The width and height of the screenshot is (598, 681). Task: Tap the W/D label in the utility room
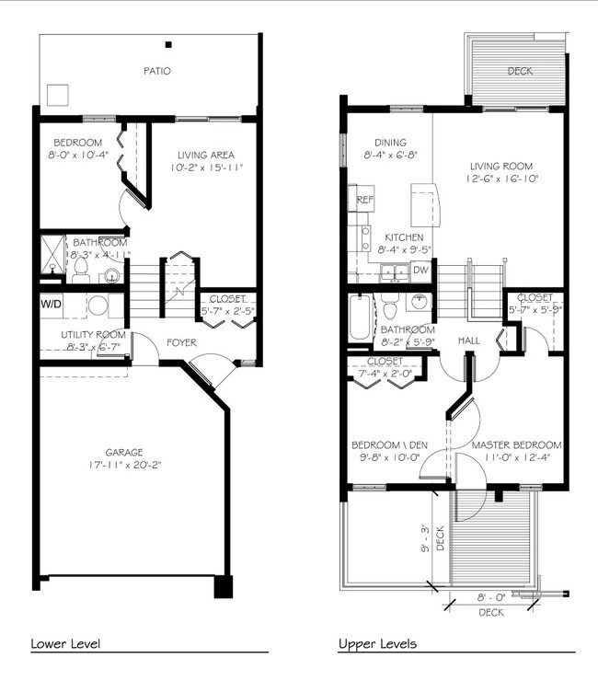[50, 303]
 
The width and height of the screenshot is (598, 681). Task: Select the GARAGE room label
[123, 453]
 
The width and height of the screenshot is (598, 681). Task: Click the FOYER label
[181, 343]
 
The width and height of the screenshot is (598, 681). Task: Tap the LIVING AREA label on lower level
[205, 155]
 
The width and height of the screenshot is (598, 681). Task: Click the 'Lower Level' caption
[65, 643]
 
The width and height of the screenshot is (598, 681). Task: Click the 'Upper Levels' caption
[377, 643]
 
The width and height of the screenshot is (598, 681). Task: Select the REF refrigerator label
[365, 200]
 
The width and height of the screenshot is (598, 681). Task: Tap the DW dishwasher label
[420, 270]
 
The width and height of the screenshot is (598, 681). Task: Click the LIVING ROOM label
[500, 167]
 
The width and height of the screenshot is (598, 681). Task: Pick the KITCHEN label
[403, 237]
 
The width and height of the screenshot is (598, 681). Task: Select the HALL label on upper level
[469, 340]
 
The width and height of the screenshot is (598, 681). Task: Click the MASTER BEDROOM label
[516, 445]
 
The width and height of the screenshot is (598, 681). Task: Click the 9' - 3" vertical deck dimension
[425, 537]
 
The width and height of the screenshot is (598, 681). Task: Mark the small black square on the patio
[168, 43]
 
